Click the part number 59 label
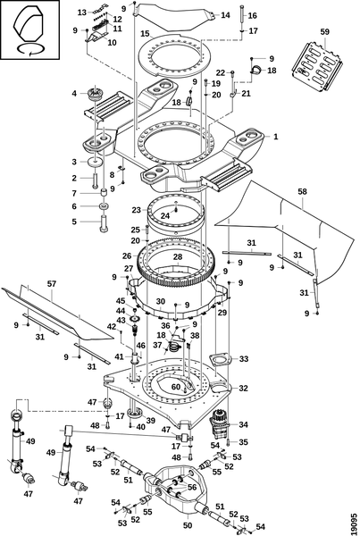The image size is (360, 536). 325,32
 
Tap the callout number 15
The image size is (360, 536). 145,34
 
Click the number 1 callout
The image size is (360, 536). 275,137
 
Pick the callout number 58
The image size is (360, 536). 303,191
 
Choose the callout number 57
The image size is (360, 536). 52,284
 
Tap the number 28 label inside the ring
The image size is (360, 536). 178,256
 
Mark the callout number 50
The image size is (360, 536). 188,525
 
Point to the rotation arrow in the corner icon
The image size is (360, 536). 30,49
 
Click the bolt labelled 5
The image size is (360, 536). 104,223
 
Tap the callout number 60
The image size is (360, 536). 176,387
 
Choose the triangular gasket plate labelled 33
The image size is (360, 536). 220,359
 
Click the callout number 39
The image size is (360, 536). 150,420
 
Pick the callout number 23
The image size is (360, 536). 137,210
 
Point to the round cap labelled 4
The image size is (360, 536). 96,94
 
